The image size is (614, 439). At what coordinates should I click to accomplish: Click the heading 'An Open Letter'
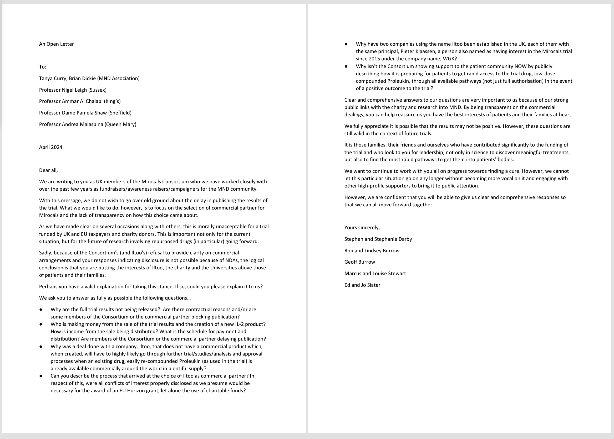coord(56,44)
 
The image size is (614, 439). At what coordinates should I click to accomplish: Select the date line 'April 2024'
coord(51,147)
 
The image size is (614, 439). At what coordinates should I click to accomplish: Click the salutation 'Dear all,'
coord(48,170)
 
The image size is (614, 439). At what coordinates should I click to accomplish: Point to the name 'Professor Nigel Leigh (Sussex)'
coord(73,90)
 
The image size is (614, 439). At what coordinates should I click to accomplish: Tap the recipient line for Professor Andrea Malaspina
coord(88,124)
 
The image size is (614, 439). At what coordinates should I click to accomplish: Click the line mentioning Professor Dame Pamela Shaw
coord(85,113)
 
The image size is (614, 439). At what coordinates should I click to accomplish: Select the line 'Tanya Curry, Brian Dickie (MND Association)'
coord(89,79)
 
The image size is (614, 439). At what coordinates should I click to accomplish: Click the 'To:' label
coord(43,67)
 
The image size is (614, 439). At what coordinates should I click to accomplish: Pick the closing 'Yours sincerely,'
coord(362,228)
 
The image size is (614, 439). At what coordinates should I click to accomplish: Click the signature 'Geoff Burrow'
coord(359,262)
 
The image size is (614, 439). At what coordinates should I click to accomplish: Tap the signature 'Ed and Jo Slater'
coord(362,285)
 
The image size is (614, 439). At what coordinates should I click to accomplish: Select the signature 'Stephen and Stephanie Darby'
coord(378,239)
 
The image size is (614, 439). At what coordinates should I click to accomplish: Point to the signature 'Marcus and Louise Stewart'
coord(375,274)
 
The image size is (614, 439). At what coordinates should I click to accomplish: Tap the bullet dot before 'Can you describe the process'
coord(41,376)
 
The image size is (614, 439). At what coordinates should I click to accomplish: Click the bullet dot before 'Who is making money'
coord(41,324)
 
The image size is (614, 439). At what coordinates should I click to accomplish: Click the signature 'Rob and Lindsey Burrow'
coord(372,250)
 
